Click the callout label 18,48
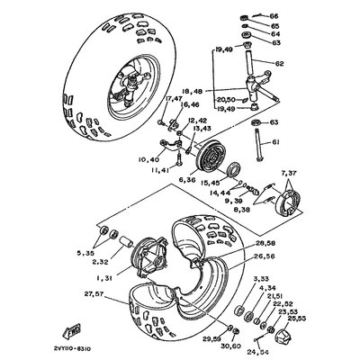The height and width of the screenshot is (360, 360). [193, 91]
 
